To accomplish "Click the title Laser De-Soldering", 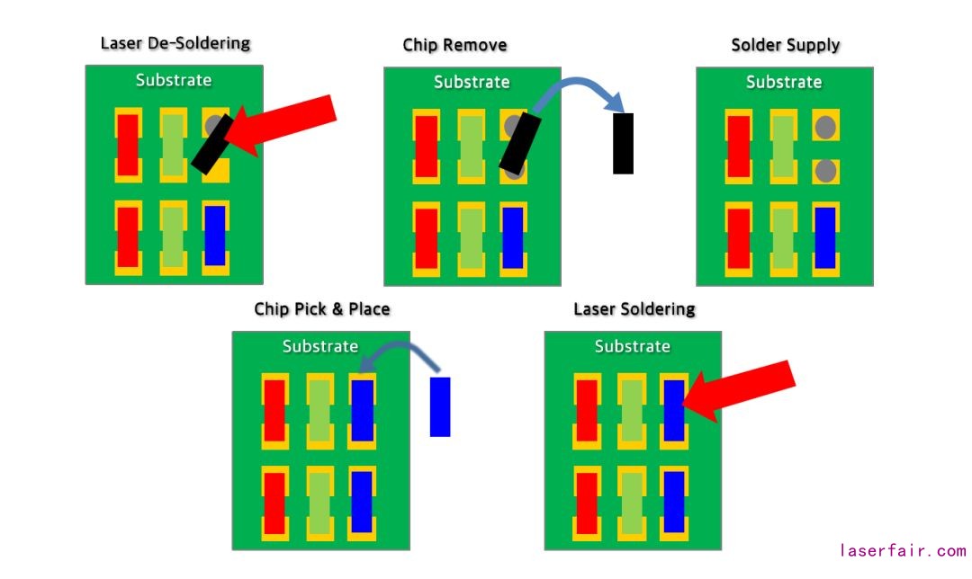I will (175, 43).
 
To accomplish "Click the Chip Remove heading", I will (454, 45).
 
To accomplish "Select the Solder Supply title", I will (786, 45).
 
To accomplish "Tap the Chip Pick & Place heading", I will (322, 309).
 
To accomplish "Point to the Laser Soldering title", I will (634, 309).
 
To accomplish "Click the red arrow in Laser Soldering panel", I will (742, 389).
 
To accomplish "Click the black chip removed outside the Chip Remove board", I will (623, 143).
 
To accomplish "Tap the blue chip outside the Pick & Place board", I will (440, 406).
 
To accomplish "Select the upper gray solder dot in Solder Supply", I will (824, 128).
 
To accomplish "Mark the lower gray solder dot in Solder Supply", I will (824, 170).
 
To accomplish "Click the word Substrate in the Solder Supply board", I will (784, 82).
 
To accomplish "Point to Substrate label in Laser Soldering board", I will (633, 346).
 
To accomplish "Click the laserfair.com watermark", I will (903, 550).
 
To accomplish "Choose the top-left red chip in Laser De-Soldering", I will (128, 145).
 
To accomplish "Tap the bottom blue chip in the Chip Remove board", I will (512, 237).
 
